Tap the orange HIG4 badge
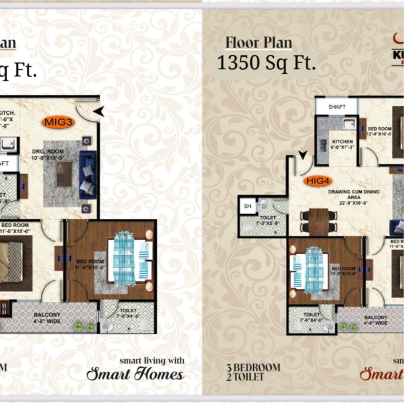pos(318,181)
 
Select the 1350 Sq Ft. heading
pos(266,62)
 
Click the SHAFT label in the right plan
pos(337,107)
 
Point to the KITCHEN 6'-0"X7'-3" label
pos(342,144)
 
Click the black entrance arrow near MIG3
pos(99,112)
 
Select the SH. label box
pos(247,206)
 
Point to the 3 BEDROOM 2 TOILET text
pos(253,372)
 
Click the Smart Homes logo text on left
pos(135,374)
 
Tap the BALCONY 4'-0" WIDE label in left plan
pos(47,318)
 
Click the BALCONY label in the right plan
pos(375,320)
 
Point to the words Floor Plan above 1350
pos(259,42)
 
